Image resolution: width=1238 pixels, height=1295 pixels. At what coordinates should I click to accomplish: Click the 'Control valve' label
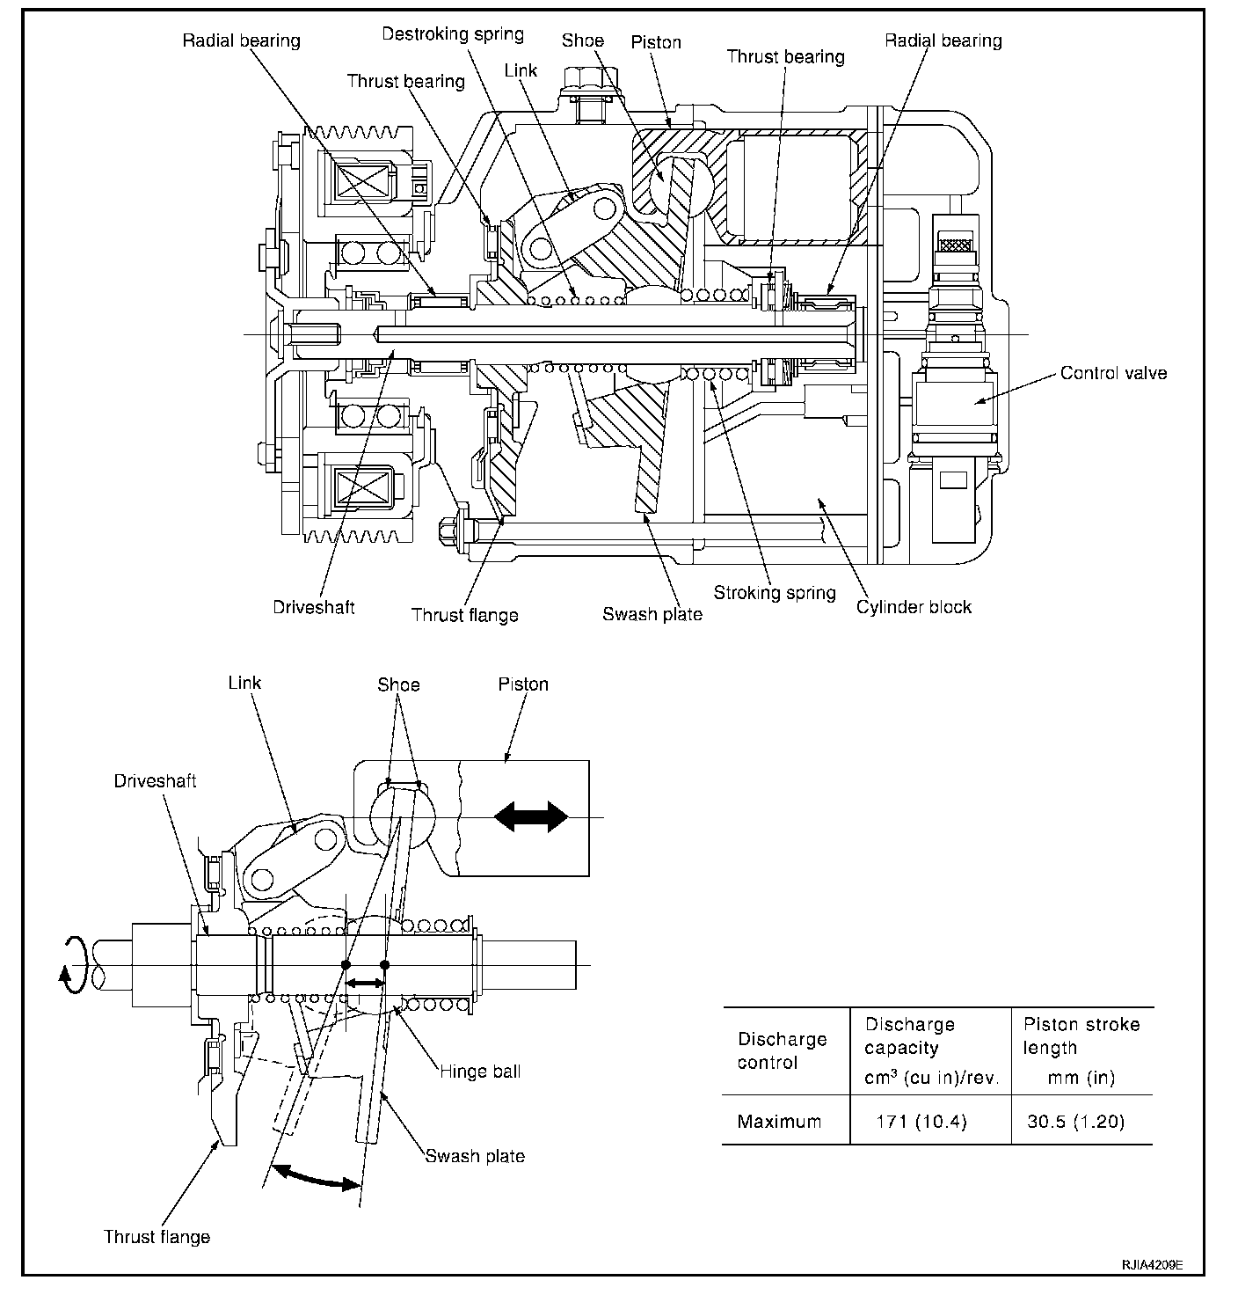coord(1113,373)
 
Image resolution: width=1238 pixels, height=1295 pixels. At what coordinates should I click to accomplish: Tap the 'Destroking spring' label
coord(453,34)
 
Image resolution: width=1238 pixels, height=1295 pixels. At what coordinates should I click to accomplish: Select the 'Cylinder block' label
coord(914,606)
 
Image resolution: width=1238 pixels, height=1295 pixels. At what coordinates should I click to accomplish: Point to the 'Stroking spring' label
coord(774,592)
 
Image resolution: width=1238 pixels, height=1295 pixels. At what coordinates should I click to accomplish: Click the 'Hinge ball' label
coord(480,1071)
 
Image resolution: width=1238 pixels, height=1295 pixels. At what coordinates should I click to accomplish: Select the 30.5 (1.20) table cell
coord(1075,1122)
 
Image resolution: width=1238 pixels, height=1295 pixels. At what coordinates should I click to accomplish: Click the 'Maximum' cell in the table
coord(779,1122)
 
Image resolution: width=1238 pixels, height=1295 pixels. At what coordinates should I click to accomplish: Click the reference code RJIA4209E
coord(1151,1264)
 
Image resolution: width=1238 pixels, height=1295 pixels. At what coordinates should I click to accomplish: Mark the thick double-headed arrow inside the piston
coord(531,817)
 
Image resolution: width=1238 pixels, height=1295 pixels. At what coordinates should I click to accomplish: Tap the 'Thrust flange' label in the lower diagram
coord(157,1236)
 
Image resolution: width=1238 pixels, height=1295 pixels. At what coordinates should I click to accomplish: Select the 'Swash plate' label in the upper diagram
coord(652,614)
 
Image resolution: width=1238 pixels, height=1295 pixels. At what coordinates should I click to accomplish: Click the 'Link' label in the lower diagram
coord(244,683)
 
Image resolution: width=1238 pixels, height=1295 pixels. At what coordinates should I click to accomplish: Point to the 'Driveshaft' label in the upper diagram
coord(313,607)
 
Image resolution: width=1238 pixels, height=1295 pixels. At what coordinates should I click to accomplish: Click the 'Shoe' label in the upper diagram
coord(582,40)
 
